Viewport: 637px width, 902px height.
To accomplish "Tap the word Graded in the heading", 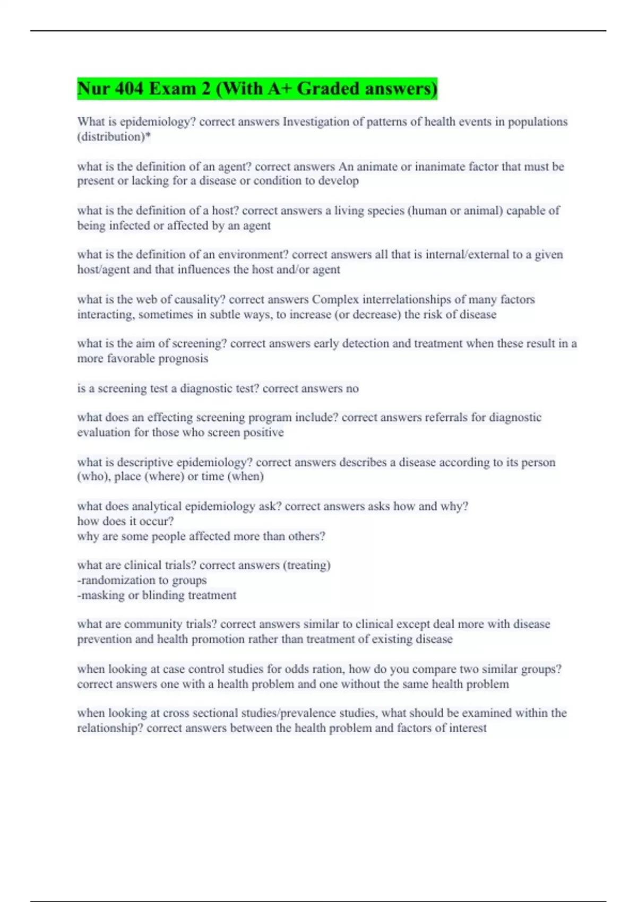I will [328, 89].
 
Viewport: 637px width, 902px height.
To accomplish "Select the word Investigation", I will [315, 122].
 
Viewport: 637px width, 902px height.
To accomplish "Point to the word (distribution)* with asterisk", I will [114, 137].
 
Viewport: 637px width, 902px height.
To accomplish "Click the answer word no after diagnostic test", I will [352, 388].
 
